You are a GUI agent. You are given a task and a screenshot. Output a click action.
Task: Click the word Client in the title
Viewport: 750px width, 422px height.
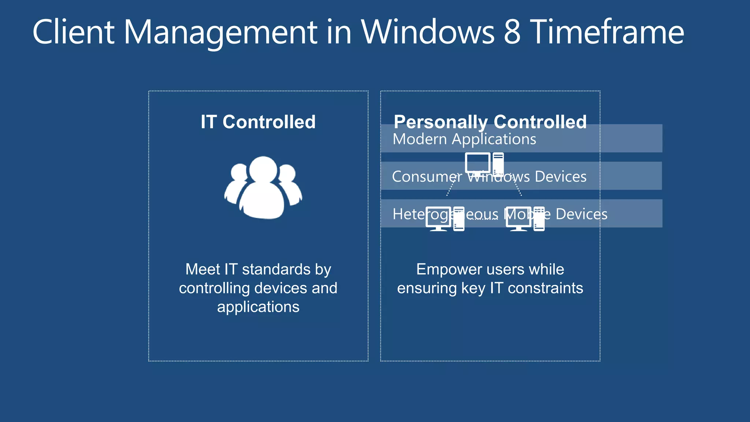pyautogui.click(x=73, y=32)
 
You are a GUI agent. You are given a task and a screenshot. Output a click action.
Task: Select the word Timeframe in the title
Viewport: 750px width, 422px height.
pyautogui.click(x=607, y=32)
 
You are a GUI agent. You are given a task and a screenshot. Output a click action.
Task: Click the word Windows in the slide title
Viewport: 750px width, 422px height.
pyautogui.click(x=428, y=32)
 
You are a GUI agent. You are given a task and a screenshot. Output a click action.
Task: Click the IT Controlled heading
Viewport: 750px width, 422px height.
pyautogui.click(x=258, y=122)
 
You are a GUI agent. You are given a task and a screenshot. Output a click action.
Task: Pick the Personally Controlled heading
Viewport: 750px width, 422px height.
pyautogui.click(x=490, y=122)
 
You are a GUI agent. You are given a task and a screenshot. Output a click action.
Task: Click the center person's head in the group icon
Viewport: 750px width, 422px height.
pyautogui.click(x=263, y=169)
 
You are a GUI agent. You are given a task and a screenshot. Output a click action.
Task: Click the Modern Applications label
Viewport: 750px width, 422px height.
pyautogui.click(x=464, y=139)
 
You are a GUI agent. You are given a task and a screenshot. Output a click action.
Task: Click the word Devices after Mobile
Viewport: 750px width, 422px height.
pyautogui.click(x=582, y=214)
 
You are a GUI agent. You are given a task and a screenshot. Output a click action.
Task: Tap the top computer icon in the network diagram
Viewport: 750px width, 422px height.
pyautogui.click(x=484, y=163)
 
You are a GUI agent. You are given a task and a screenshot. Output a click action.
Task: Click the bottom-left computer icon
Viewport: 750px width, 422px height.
pyautogui.click(x=445, y=219)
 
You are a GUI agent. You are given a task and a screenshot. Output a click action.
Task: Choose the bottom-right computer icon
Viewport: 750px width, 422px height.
pyautogui.click(x=525, y=219)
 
